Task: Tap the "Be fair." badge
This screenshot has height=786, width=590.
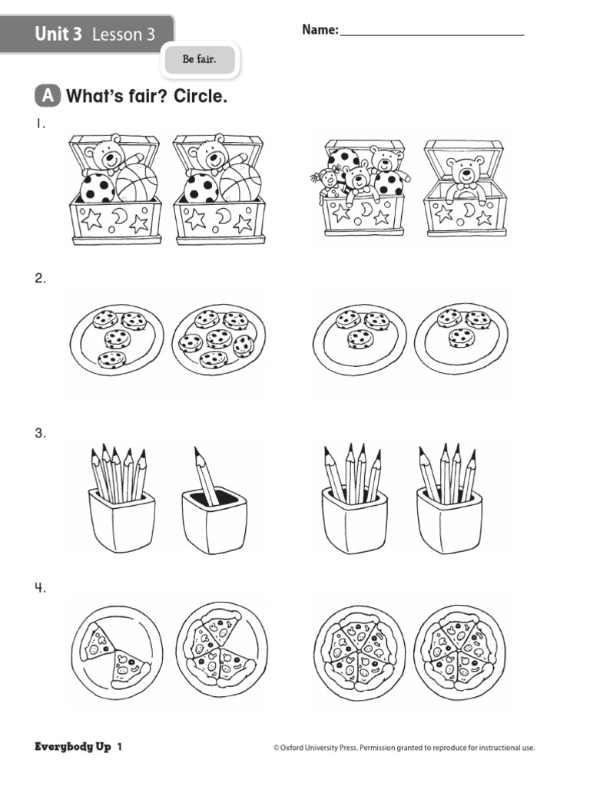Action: (199, 60)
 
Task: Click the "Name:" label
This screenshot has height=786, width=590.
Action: (320, 30)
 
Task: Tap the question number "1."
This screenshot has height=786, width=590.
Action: (40, 124)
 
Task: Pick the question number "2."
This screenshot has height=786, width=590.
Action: (40, 279)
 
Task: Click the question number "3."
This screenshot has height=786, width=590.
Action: (40, 434)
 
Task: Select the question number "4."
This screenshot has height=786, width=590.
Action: (40, 589)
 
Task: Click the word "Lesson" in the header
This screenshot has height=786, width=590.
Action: (116, 35)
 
